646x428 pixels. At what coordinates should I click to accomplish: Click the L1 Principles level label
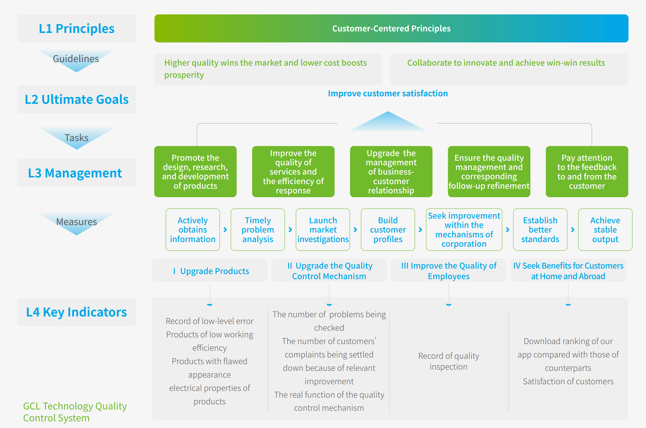tap(77, 29)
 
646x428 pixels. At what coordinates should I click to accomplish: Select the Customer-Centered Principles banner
tap(391, 29)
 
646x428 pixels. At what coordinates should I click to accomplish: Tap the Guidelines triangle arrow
tap(76, 60)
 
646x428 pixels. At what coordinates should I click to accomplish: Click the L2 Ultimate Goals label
tap(77, 99)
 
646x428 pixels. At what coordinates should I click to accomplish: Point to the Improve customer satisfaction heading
tap(388, 94)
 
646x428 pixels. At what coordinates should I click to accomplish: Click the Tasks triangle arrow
tap(77, 138)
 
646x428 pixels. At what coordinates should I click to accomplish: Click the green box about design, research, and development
tap(195, 172)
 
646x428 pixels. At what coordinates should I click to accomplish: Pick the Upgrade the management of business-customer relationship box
tap(391, 172)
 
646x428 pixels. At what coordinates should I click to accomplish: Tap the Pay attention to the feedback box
tap(587, 172)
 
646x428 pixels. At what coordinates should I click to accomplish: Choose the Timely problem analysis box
tap(257, 229)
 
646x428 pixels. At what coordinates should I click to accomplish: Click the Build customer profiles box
tap(388, 229)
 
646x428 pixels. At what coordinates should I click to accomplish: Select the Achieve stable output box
tap(605, 229)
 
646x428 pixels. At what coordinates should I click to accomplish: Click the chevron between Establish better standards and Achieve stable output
tap(573, 230)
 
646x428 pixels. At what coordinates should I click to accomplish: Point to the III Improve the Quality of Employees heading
tap(449, 271)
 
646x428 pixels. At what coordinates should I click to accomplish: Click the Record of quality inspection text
tap(448, 361)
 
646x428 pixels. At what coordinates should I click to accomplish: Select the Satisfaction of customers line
tap(568, 381)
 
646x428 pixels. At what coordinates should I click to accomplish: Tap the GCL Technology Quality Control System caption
tap(75, 412)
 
